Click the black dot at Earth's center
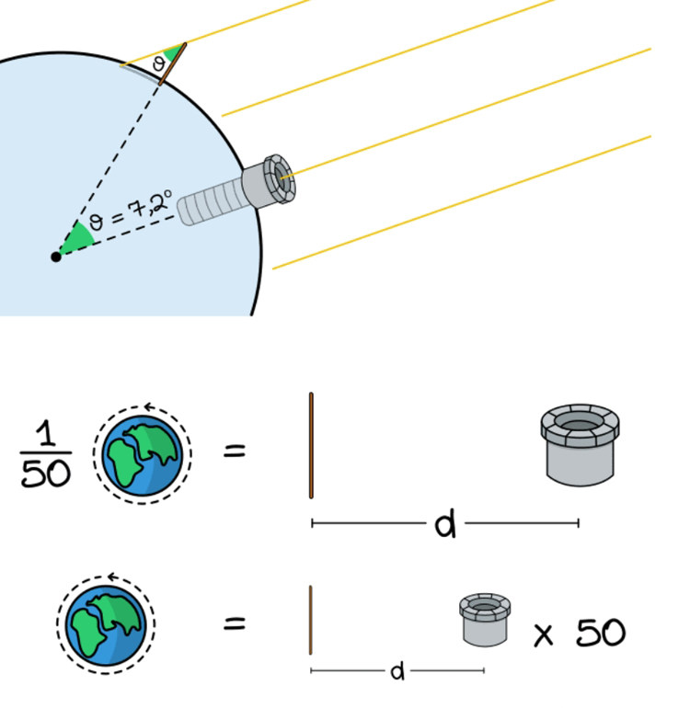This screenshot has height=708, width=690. pyautogui.click(x=56, y=257)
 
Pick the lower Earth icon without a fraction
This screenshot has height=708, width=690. pyautogui.click(x=106, y=623)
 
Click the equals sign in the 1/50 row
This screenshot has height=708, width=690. pyautogui.click(x=236, y=451)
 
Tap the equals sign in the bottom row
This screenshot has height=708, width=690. pyautogui.click(x=236, y=624)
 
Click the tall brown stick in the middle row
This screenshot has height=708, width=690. pyautogui.click(x=311, y=446)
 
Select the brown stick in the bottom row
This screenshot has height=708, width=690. pyautogui.click(x=311, y=621)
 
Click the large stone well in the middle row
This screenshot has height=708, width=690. pyautogui.click(x=580, y=446)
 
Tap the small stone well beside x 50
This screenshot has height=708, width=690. pyautogui.click(x=486, y=620)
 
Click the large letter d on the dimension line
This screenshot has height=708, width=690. pyautogui.click(x=445, y=525)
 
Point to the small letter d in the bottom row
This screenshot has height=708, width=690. pyautogui.click(x=397, y=672)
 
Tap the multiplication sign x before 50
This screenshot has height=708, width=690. pyautogui.click(x=544, y=634)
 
